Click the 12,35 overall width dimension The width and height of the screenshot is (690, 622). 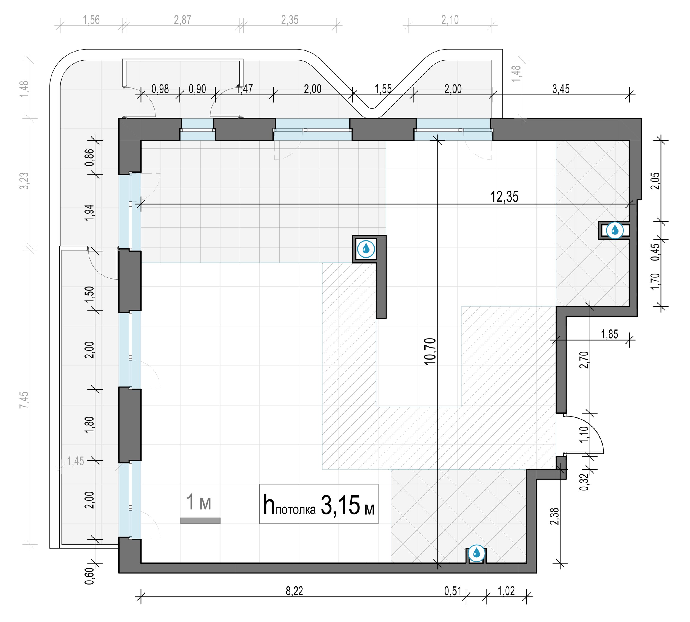(504, 197)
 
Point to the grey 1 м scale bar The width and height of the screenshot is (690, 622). (200, 521)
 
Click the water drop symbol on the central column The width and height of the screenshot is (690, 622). (366, 249)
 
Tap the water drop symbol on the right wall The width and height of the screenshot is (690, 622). (615, 230)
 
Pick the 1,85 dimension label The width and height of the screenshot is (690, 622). (610, 334)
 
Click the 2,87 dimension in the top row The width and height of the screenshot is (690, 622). (182, 20)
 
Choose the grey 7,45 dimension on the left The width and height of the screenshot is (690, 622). (24, 400)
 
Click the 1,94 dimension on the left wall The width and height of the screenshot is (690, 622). (89, 213)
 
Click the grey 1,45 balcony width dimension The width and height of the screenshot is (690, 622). (75, 461)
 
